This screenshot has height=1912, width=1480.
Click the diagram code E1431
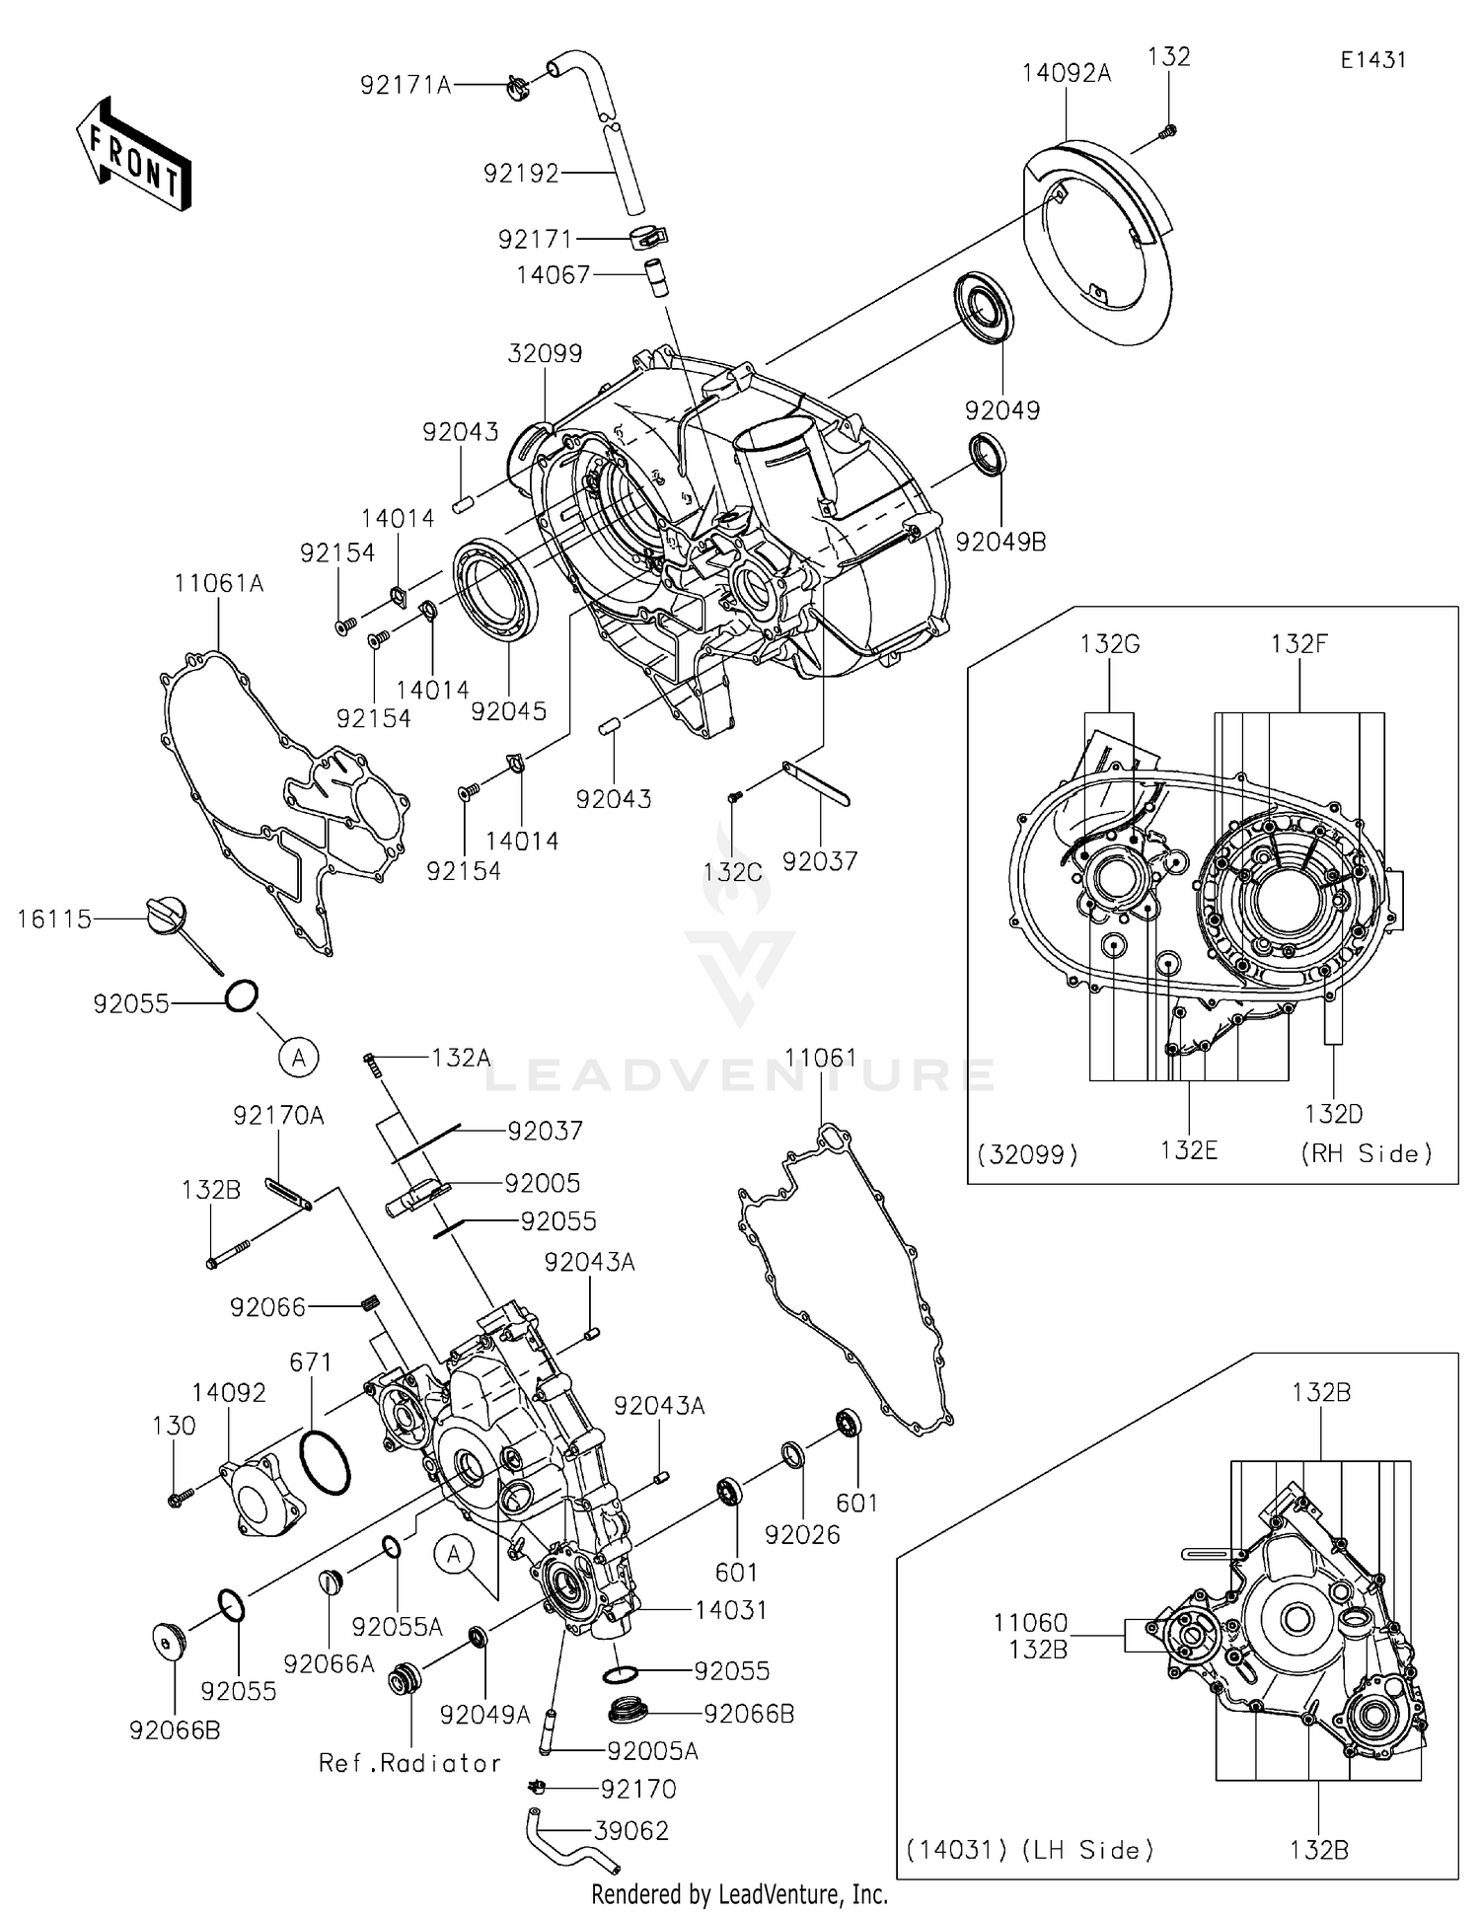[x=1372, y=60]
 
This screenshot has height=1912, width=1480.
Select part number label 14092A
[x=1066, y=73]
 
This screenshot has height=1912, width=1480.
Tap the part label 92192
[x=521, y=174]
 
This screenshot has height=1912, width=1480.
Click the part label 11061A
[x=219, y=583]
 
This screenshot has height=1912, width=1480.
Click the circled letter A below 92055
[x=298, y=1058]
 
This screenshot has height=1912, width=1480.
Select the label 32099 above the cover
[x=545, y=353]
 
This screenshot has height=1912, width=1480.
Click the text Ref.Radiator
[x=409, y=1762]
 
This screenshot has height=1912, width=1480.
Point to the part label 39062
[x=631, y=1830]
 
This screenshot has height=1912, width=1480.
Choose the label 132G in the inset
[x=1110, y=644]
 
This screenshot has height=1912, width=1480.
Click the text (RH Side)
[x=1367, y=1152]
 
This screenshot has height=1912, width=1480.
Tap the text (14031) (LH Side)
[x=1030, y=1849]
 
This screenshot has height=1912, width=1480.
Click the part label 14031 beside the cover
[x=731, y=1609]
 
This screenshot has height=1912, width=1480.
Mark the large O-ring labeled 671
[x=323, y=1463]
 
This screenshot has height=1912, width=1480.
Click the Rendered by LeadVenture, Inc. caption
[x=739, y=1893]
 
